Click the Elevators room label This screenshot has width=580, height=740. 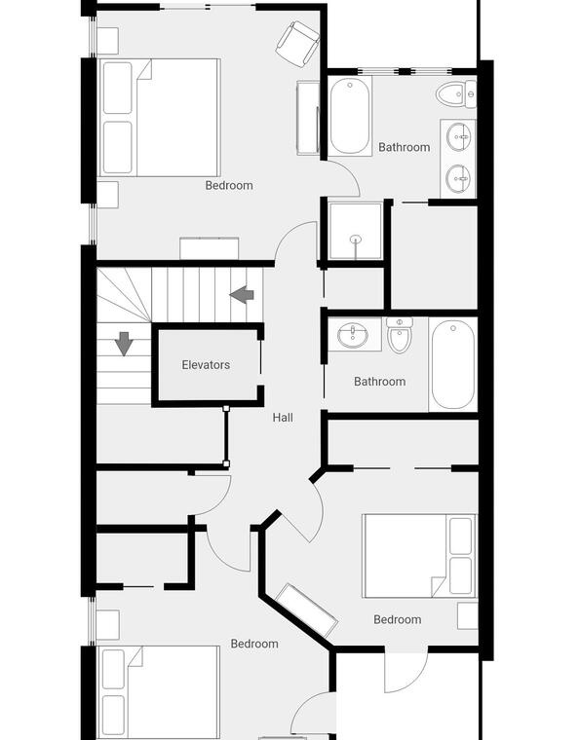click(206, 365)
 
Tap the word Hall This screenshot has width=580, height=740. click(283, 417)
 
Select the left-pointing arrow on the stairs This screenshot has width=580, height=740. click(242, 294)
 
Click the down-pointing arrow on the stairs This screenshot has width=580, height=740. click(124, 344)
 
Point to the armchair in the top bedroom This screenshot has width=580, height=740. click(298, 44)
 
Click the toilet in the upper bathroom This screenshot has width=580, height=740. click(456, 94)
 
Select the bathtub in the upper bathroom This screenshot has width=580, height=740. click(350, 116)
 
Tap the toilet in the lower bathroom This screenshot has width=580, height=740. click(400, 335)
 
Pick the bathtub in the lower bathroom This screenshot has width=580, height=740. click(453, 364)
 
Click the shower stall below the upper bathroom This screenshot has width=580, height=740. click(355, 232)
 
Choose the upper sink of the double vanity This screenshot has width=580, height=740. click(458, 137)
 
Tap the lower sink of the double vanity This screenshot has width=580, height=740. click(458, 178)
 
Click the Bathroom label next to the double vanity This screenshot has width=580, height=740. click(405, 147)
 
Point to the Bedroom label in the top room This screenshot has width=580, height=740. click(229, 185)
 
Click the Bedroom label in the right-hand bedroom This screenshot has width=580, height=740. click(397, 619)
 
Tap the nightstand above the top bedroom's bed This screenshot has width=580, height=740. click(107, 41)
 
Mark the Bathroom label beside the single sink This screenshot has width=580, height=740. click(380, 382)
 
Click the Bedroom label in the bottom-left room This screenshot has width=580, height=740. click(254, 644)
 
